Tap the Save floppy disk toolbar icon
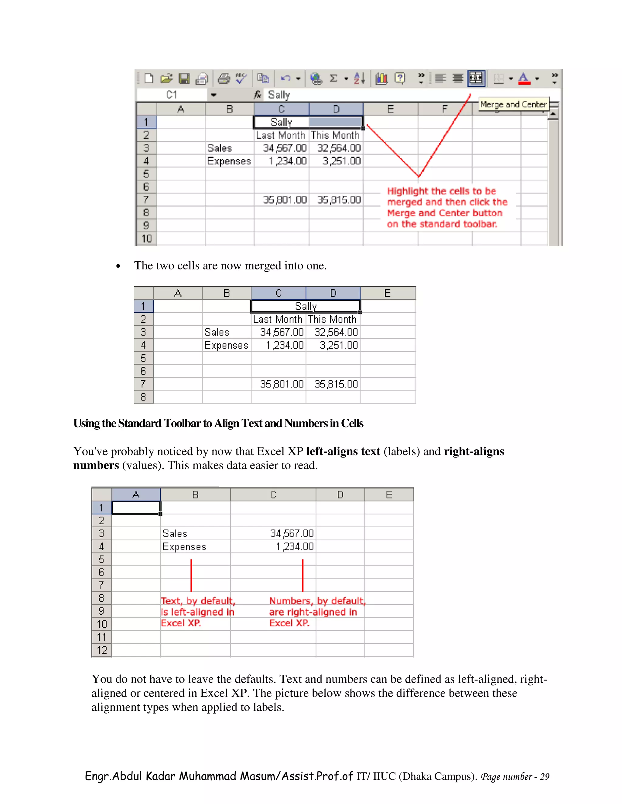tap(184, 78)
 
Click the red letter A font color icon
tap(524, 78)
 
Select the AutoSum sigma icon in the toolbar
tap(333, 78)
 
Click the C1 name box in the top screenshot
tap(172, 95)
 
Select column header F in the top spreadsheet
tap(444, 109)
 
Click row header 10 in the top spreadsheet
tap(146, 238)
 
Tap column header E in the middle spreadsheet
tap(387, 293)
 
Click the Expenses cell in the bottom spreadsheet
tap(184, 547)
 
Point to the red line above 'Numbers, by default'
tap(302, 575)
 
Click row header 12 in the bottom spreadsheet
tap(102, 650)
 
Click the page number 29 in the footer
tap(544, 777)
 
